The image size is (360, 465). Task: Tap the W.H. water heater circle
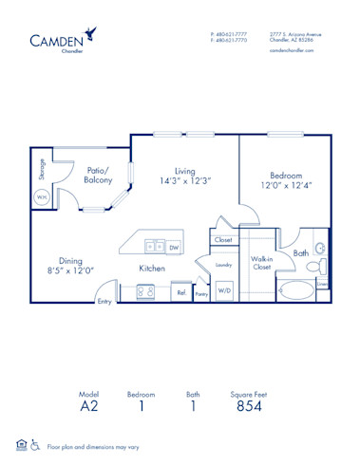(x=43, y=197)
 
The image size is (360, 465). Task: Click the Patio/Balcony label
(x=99, y=175)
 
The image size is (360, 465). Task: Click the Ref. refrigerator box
(x=180, y=293)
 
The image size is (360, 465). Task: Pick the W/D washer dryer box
(x=224, y=290)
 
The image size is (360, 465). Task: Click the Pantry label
(x=201, y=294)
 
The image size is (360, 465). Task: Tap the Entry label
(x=104, y=303)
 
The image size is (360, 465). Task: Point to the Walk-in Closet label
(x=261, y=262)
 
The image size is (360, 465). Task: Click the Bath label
(x=301, y=253)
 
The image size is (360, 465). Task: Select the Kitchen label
(x=152, y=269)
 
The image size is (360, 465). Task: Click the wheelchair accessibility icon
(x=35, y=443)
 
